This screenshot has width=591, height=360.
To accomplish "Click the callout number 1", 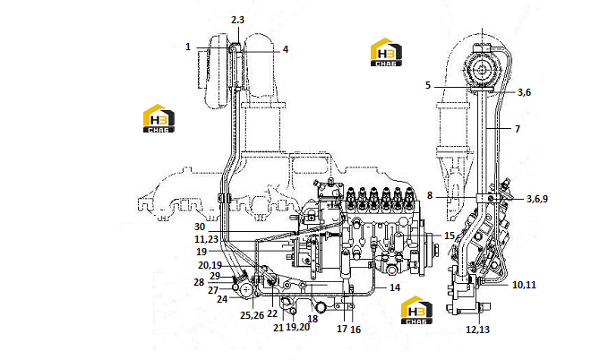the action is [188, 47].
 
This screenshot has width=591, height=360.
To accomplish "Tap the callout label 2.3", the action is [237, 20].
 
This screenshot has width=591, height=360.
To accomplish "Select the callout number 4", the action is [286, 49].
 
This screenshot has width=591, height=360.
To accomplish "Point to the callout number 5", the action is [428, 85].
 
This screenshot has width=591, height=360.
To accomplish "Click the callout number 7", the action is [518, 129].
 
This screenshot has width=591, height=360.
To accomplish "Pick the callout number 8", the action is [430, 195].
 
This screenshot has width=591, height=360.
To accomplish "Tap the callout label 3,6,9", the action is [537, 199].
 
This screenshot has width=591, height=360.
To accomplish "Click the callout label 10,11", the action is [524, 285].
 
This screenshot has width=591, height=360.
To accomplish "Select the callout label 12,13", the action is [477, 330].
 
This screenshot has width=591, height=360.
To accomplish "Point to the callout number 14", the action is [395, 287].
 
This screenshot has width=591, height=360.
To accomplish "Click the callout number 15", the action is [450, 236].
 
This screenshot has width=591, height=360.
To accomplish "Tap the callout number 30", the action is [200, 227].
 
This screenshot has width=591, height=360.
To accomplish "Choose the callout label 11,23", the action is [207, 239].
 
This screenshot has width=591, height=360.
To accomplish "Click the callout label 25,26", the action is [253, 315].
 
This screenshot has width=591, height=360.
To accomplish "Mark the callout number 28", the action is [199, 282].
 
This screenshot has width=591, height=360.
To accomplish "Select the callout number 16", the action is [355, 330].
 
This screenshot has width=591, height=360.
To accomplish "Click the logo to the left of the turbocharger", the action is [158, 118].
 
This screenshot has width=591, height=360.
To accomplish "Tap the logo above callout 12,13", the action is [416, 310].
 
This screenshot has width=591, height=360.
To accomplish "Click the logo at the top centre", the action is [386, 52].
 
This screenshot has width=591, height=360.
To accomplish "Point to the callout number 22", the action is [272, 313].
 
